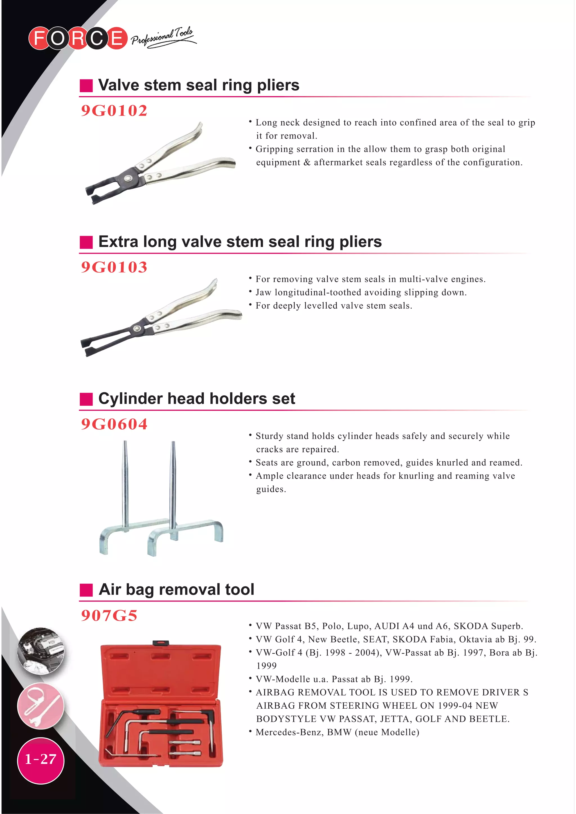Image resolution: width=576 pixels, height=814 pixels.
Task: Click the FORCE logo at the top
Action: (78, 38)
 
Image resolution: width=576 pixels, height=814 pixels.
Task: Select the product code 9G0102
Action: (114, 111)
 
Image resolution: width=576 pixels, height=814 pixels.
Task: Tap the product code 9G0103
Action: (114, 267)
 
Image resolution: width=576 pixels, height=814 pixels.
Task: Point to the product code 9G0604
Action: (114, 424)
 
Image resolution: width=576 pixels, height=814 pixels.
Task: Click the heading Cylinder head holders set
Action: (196, 398)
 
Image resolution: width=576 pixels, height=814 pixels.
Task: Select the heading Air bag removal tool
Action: (176, 589)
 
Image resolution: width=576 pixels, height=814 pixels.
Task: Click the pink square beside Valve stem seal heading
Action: (86, 85)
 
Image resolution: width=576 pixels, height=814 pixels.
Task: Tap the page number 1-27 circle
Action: (41, 759)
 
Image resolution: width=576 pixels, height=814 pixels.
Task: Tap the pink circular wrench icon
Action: (41, 706)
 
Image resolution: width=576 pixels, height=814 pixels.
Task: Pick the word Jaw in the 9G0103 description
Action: (263, 293)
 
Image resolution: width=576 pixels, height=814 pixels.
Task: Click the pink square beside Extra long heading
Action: (86, 242)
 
